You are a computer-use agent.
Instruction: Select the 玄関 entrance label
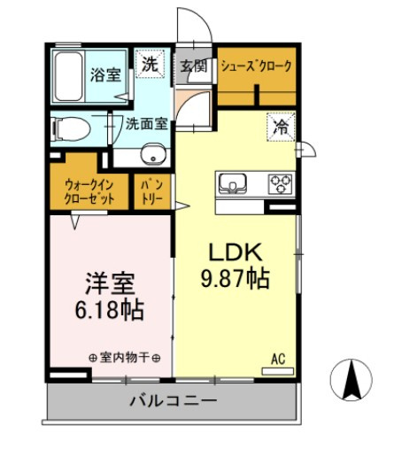click(x=194, y=66)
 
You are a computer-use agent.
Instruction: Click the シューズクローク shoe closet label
click(x=257, y=66)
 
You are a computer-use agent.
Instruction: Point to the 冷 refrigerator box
click(x=280, y=127)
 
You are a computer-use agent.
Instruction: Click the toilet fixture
click(x=69, y=129)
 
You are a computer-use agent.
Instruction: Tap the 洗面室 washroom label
click(x=146, y=124)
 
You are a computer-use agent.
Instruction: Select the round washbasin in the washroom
click(x=157, y=157)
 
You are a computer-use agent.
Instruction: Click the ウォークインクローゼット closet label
click(x=89, y=191)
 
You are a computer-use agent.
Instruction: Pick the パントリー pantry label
click(x=149, y=192)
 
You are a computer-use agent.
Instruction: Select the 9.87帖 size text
click(x=234, y=278)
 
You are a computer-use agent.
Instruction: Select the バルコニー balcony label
click(x=173, y=401)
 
